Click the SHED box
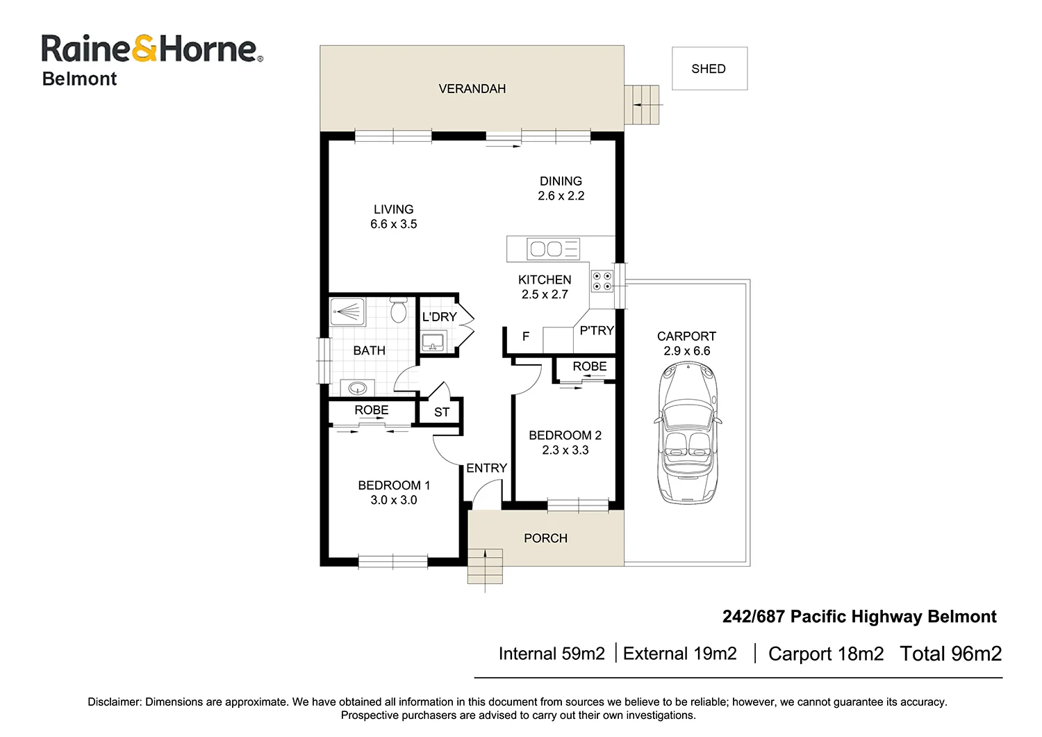(x=709, y=69)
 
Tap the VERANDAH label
(x=472, y=88)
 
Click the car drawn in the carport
(x=687, y=432)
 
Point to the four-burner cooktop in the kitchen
(x=602, y=281)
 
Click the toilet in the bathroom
(x=398, y=310)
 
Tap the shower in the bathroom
(x=347, y=311)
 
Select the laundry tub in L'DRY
(x=433, y=341)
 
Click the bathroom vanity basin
(x=358, y=387)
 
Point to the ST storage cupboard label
(x=442, y=412)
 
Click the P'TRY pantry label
(x=597, y=330)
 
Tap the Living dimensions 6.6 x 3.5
(x=393, y=224)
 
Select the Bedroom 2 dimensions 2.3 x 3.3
(x=565, y=450)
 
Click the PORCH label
(x=545, y=538)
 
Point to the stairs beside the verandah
(x=641, y=105)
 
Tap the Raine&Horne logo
(x=151, y=49)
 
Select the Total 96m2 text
(x=950, y=654)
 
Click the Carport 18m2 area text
(x=826, y=654)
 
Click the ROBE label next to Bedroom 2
(x=589, y=366)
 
